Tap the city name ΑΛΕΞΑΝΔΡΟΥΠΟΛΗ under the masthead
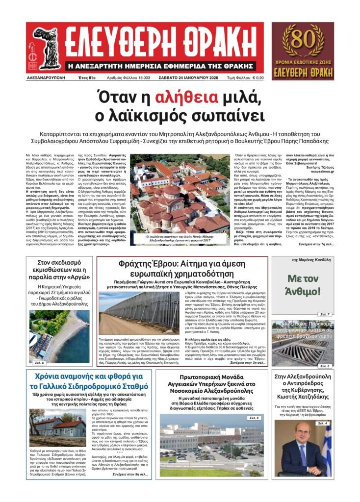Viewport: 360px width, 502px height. [47, 78]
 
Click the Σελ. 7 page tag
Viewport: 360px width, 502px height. [323, 314]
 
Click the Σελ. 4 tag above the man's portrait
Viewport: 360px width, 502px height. [322, 423]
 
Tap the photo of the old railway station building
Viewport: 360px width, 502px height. [53, 429]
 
